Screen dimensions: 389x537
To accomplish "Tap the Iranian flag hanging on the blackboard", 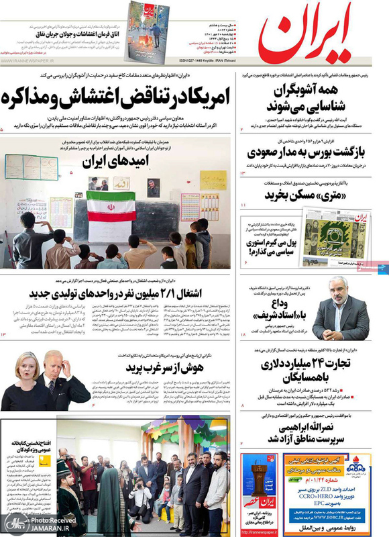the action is click(110, 205).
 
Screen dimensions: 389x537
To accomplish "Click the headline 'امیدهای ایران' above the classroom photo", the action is click(115, 161).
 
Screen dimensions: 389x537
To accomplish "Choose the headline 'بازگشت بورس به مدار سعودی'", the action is click(307, 152).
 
